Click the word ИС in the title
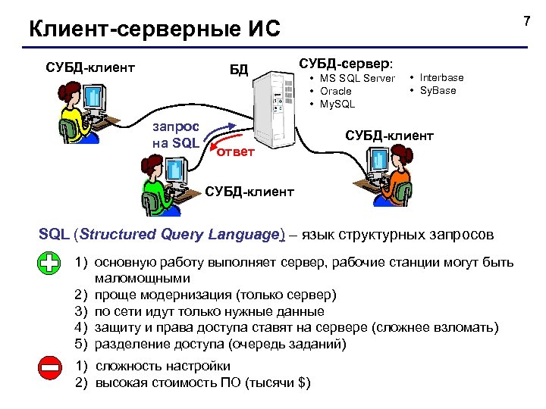pyautogui.click(x=262, y=30)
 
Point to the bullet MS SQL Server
pyautogui.click(x=356, y=79)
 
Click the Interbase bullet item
pyautogui.click(x=441, y=77)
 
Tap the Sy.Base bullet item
pyautogui.click(x=438, y=90)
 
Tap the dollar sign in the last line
pyautogui.click(x=302, y=382)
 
